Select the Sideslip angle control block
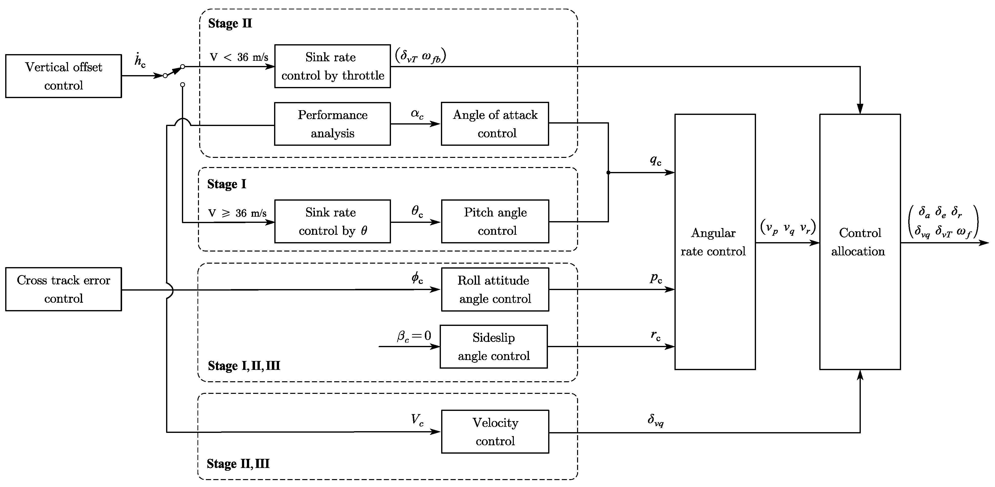pos(493,346)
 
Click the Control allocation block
pos(860,242)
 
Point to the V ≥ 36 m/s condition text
pos(237,213)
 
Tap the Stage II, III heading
pos(238,464)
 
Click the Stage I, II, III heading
pos(244,365)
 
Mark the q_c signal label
pos(655,160)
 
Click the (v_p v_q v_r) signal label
pos(788,228)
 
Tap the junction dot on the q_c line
pos(608,173)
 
